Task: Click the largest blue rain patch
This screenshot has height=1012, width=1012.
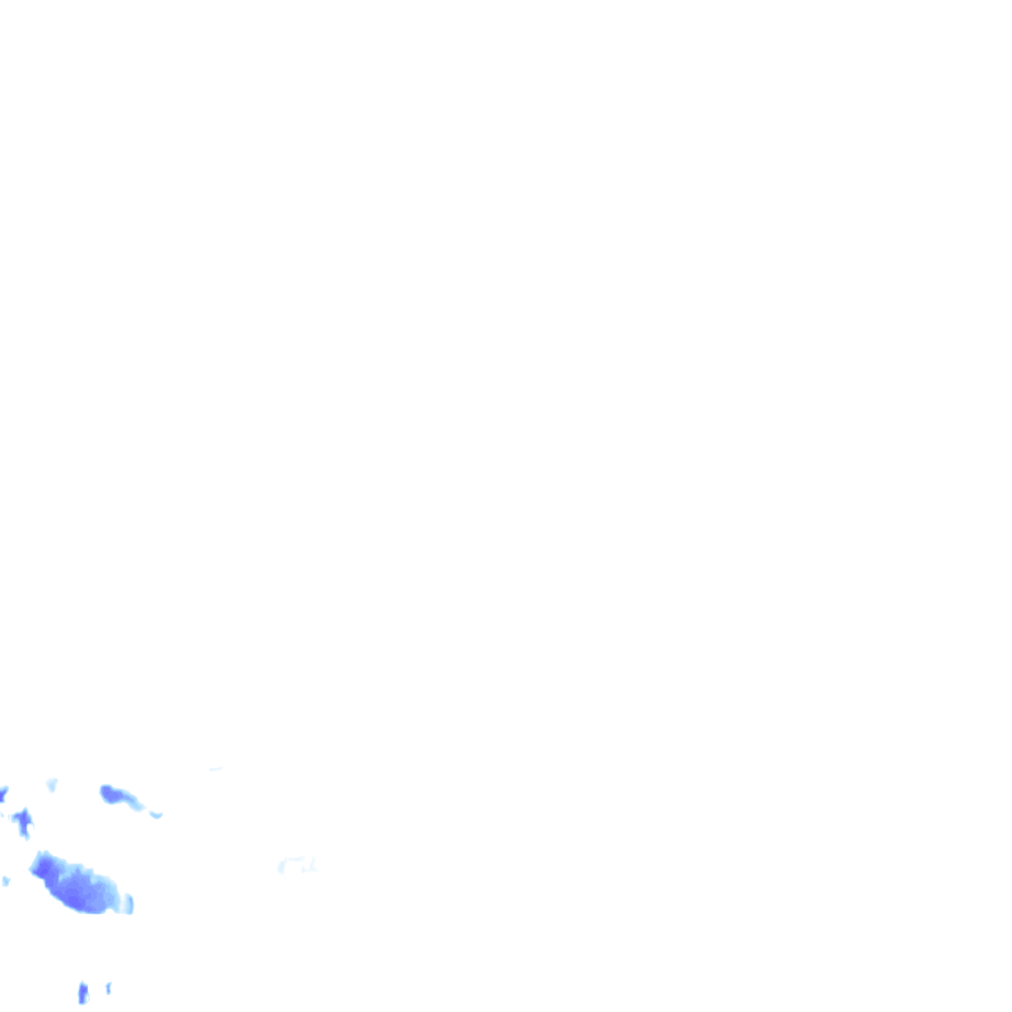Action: tap(79, 885)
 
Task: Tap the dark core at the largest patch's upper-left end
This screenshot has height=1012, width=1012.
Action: tap(44, 868)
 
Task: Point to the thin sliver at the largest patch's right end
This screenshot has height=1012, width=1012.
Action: tap(127, 902)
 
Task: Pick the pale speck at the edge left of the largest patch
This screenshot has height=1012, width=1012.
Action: tap(6, 880)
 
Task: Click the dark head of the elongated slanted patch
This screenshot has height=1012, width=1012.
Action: tap(110, 793)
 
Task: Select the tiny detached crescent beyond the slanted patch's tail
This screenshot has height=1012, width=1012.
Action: tap(155, 814)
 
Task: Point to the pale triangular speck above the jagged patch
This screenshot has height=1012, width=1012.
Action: tap(52, 784)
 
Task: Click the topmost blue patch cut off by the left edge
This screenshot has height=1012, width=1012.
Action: tap(3, 794)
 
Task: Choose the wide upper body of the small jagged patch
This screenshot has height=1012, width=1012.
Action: tap(22, 817)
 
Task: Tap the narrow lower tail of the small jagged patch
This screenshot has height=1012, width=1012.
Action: tap(26, 832)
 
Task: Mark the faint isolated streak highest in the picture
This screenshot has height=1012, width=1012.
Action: tap(214, 768)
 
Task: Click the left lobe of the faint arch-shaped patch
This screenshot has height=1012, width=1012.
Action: tap(282, 867)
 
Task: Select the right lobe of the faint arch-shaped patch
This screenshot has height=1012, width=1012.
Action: tap(311, 867)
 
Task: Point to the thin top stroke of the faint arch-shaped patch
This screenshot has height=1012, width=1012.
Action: tap(295, 859)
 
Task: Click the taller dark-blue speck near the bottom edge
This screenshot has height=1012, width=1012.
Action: tap(83, 991)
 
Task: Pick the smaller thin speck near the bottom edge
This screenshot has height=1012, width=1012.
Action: tap(108, 987)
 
